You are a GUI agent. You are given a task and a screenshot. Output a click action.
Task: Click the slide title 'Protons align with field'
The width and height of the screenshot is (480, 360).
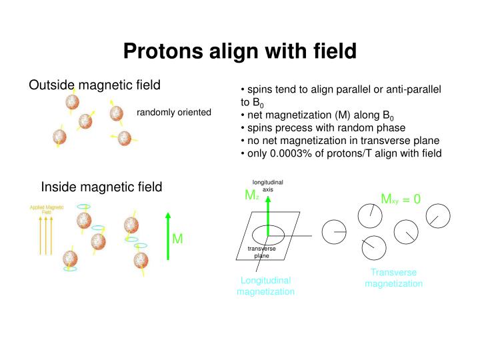tap(239, 51)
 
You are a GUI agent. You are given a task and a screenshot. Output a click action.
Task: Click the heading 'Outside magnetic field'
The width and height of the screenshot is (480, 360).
tap(94, 85)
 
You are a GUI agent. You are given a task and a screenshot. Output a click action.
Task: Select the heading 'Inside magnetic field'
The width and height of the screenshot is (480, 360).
tap(101, 187)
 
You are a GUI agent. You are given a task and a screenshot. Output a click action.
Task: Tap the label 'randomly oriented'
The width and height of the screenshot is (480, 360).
tap(174, 112)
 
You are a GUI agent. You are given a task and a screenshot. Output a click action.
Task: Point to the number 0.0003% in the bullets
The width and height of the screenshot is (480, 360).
tap(291, 153)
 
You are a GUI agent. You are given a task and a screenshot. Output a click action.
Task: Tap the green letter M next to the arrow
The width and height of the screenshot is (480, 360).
tap(178, 239)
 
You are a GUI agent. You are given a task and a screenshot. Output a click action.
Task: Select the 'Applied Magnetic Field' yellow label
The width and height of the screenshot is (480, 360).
tap(47, 209)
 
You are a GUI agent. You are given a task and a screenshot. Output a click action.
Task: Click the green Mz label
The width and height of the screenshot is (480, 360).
tap(251, 195)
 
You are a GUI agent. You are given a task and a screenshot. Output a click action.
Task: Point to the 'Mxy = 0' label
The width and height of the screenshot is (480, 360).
tap(401, 199)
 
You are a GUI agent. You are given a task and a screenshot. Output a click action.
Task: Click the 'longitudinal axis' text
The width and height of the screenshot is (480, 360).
tap(267, 185)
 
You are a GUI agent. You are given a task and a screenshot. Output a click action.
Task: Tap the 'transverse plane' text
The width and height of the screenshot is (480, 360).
tap(261, 252)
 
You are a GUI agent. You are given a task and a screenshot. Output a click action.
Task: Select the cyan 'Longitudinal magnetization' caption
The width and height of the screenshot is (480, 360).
tap(265, 286)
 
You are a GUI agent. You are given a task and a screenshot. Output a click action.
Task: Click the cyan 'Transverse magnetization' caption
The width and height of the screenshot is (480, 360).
tap(393, 277)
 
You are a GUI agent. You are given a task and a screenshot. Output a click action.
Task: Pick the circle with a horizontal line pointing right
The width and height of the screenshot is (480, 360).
tap(334, 231)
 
